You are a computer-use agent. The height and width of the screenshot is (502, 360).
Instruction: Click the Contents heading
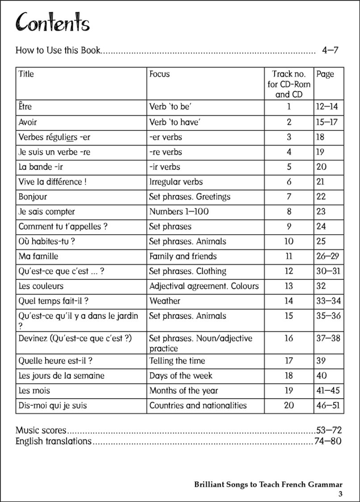tap(52, 23)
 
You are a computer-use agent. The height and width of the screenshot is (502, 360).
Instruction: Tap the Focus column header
tap(159, 74)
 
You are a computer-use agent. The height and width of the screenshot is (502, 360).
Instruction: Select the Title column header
tap(26, 74)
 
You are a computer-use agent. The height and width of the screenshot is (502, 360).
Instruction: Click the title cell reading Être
tap(25, 107)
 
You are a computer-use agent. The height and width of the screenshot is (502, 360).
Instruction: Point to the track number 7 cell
tap(289, 197)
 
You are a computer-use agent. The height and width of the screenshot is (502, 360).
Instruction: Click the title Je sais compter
tap(46, 211)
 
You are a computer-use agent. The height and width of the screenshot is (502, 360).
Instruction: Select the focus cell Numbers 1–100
tap(179, 211)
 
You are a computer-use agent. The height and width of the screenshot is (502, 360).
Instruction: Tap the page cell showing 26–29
tap(328, 256)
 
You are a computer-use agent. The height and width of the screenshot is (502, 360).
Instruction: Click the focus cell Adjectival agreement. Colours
tap(204, 286)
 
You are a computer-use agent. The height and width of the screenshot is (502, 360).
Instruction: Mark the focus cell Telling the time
tap(177, 361)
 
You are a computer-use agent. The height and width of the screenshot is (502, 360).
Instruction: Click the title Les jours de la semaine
tap(61, 375)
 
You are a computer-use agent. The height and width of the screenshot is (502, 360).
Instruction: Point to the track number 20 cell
tap(289, 405)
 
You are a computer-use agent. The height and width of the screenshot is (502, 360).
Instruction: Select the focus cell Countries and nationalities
tap(198, 405)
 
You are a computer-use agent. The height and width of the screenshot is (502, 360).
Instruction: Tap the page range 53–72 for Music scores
tap(329, 430)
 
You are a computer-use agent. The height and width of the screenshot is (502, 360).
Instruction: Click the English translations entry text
tap(53, 442)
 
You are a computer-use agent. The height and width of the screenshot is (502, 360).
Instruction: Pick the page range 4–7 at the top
tap(330, 50)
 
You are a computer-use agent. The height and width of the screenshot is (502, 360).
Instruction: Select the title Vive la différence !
tap(50, 182)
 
